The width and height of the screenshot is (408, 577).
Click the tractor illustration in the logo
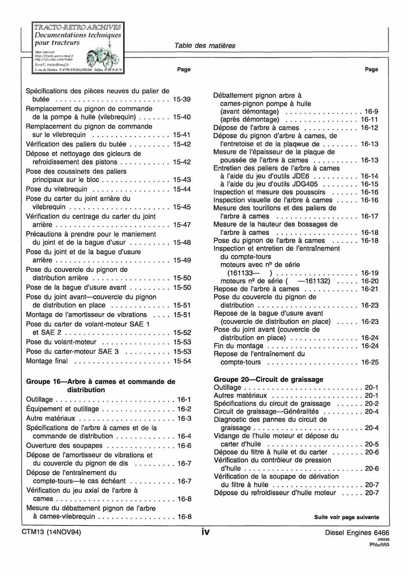[x=96, y=58]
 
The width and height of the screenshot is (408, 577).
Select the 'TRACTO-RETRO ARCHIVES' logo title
[x=78, y=26]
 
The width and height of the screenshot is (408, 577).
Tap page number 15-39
[x=182, y=100]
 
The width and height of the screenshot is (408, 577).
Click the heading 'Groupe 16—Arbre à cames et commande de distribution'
[x=101, y=385]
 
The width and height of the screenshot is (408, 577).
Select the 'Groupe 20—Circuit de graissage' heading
[x=268, y=379]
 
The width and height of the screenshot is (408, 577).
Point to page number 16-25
[x=369, y=363]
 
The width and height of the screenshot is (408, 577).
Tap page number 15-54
[x=182, y=361]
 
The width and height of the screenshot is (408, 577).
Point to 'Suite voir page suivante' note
[x=346, y=517]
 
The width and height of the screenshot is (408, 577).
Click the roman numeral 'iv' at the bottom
[x=205, y=533]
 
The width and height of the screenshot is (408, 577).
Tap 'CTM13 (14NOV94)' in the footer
[x=54, y=534]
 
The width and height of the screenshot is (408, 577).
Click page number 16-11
[x=369, y=119]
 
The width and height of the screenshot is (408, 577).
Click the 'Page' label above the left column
[x=184, y=70]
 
